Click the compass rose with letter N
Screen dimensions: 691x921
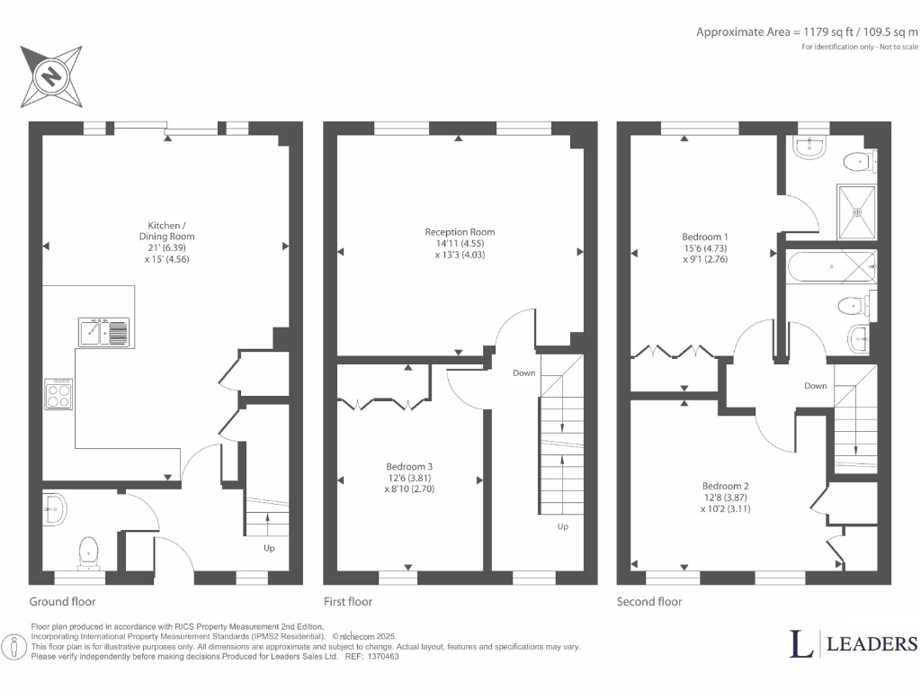(51, 75)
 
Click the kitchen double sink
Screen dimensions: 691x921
(105, 332)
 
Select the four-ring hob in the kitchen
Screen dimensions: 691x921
(58, 394)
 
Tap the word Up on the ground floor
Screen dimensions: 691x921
(269, 548)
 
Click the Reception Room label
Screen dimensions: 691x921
(460, 232)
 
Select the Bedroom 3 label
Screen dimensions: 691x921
(409, 466)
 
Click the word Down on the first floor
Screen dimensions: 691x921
(524, 372)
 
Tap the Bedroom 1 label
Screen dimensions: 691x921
(704, 237)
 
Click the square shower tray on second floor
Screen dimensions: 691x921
(857, 212)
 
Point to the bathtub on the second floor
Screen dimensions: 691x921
(832, 267)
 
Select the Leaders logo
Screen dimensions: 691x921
(854, 643)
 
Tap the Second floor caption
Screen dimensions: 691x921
(649, 602)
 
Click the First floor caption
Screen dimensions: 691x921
(348, 602)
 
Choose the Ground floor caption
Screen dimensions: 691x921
(62, 602)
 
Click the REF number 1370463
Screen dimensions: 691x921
(381, 657)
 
